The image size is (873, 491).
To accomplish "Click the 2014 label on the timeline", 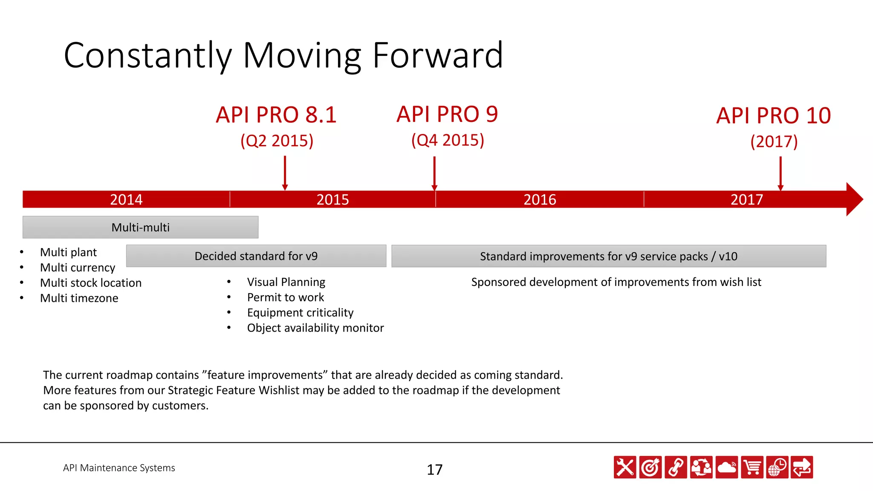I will [126, 199].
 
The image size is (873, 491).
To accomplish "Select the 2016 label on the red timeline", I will [540, 199].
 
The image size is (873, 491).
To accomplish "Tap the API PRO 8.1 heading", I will [276, 115].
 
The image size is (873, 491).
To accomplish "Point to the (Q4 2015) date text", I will [448, 140].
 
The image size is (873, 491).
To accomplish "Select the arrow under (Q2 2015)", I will [285, 173].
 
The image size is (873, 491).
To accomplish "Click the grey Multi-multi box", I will [140, 227].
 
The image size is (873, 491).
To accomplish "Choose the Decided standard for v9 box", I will [256, 256].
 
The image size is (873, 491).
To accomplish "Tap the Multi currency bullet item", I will [78, 268].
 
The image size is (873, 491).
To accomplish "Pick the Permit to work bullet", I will [286, 297].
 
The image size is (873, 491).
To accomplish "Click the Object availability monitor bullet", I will [315, 328].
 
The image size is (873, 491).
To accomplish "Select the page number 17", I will [434, 470].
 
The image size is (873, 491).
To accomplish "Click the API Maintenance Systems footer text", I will [119, 468].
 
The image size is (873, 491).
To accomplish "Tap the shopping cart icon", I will [752, 468].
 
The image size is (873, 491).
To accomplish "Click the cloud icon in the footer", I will [727, 468].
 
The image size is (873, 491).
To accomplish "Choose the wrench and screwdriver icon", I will [625, 468].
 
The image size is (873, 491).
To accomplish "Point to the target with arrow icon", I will [650, 468].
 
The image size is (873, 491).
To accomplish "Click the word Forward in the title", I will [438, 55].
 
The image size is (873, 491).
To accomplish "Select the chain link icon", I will [676, 468].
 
